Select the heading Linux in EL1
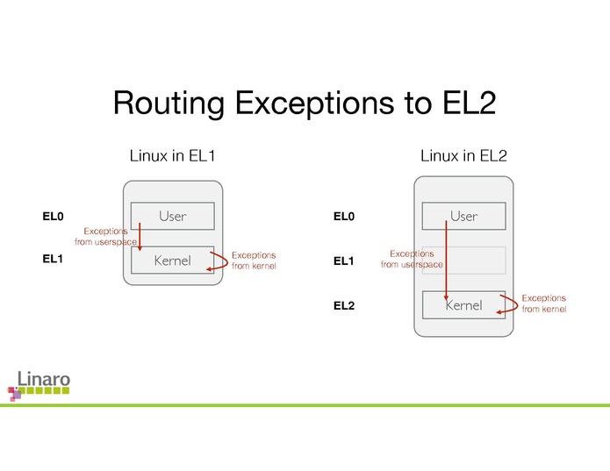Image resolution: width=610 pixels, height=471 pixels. pos(172,156)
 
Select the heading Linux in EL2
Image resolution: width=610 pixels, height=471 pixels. pos(463,156)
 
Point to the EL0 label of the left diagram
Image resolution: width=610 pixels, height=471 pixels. pos(54,216)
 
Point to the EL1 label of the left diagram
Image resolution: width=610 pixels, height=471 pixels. pos(54,260)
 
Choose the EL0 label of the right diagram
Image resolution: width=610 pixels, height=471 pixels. pos(345,216)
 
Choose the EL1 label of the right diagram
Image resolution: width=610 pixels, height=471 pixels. pos(345,261)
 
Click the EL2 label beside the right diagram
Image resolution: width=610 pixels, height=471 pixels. pos(345,306)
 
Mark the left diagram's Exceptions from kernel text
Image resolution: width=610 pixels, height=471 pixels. pos(253,260)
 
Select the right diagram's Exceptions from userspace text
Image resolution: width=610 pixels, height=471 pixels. pos(412,259)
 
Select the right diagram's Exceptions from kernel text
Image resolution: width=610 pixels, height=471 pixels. pos(544,303)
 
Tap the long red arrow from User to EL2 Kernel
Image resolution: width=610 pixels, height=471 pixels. pos(447,263)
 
